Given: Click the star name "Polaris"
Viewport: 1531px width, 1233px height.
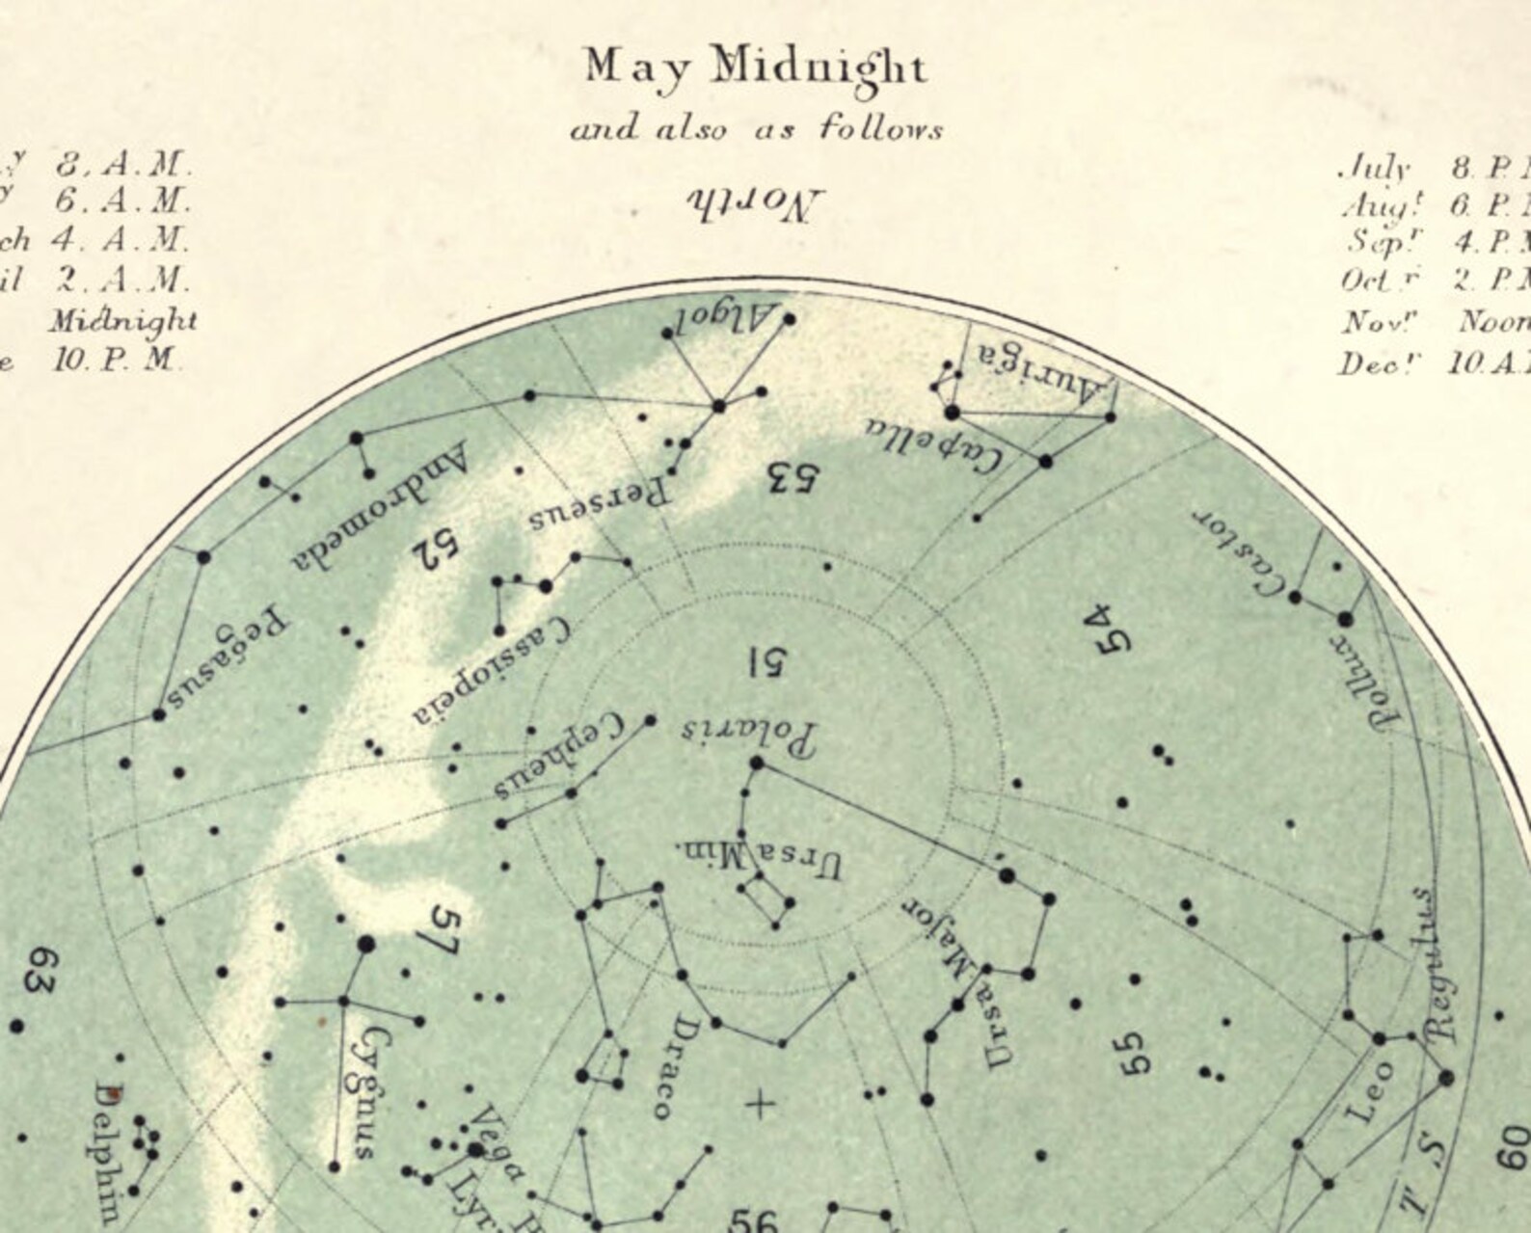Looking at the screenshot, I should (749, 735).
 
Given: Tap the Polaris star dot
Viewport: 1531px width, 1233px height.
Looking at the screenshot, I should (756, 763).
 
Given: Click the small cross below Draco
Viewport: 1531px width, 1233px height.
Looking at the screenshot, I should (760, 1104).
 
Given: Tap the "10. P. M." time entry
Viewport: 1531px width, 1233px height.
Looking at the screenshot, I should (116, 361).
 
